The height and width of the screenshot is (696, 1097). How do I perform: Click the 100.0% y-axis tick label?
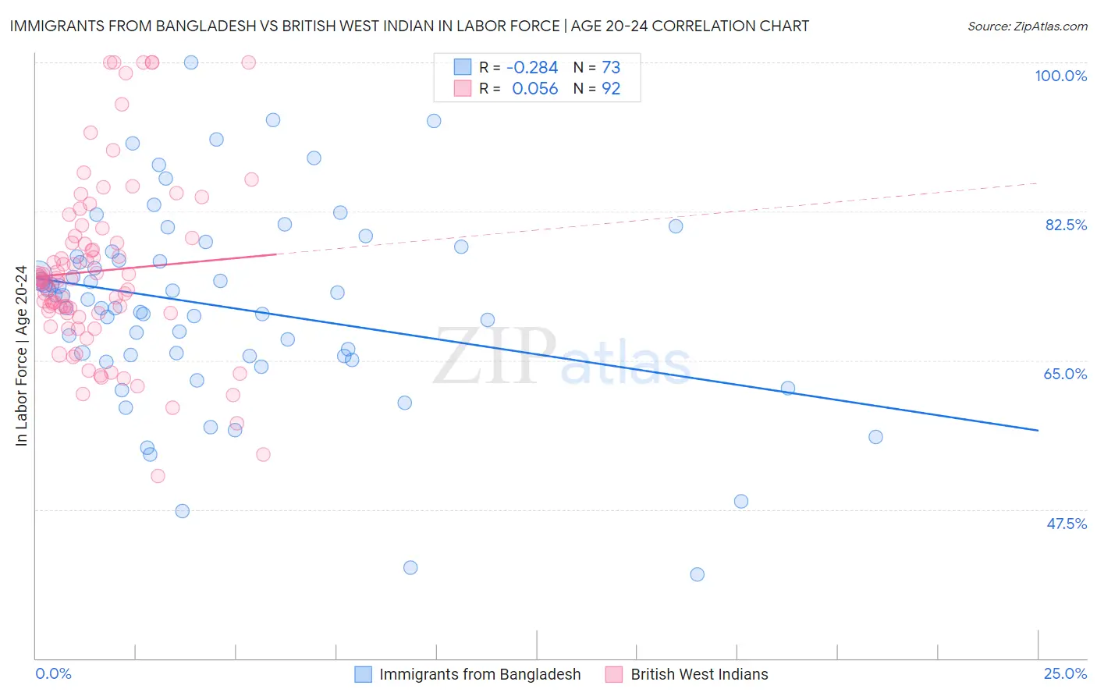(1060, 76)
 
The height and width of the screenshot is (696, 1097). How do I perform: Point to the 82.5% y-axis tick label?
(1066, 225)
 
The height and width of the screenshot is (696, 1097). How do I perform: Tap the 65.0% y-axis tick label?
(1065, 374)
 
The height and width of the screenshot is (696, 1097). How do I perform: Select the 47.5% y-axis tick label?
(1066, 524)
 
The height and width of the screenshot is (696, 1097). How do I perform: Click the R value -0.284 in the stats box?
(532, 68)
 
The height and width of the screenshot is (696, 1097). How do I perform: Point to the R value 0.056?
(534, 89)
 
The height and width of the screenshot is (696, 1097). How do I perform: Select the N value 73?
(611, 68)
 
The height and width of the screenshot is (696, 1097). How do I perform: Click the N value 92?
(611, 89)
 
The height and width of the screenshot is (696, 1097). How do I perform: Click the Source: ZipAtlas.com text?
(1027, 27)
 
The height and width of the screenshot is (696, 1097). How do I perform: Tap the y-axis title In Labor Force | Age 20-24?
(21, 356)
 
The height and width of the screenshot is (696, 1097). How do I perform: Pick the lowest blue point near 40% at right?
(697, 574)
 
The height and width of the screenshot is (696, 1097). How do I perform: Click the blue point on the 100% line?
(190, 62)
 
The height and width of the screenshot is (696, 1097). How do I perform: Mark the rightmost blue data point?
(875, 437)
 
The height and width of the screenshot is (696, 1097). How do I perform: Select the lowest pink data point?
(158, 476)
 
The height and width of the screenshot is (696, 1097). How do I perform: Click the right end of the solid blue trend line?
(1038, 430)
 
